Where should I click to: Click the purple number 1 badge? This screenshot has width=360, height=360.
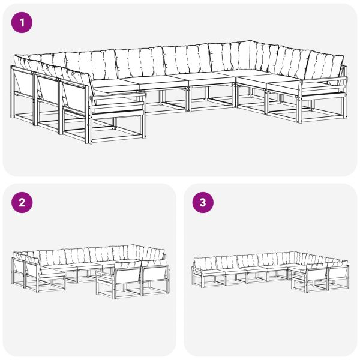22,23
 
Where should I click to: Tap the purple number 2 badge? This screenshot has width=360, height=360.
22,202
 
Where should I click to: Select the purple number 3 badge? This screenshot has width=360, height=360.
202,202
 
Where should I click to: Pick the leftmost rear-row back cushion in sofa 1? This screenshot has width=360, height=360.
90,63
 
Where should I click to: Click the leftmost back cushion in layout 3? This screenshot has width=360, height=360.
204,262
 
